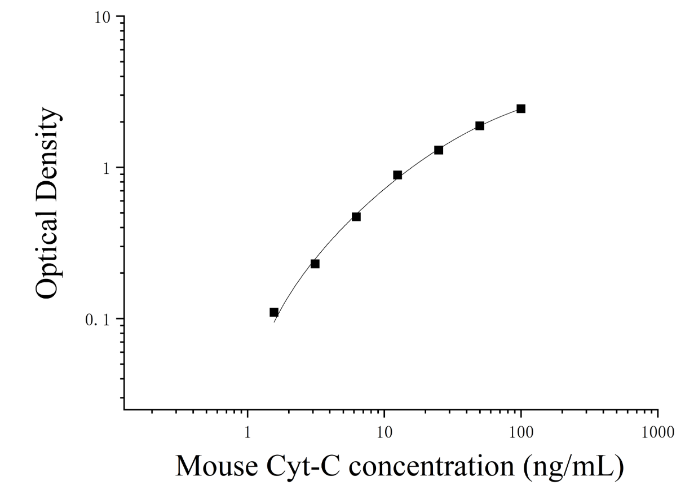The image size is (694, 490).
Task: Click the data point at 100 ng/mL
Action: pos(521,108)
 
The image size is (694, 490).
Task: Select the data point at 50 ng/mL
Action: pos(480,126)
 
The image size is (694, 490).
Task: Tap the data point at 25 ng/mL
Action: pos(439,150)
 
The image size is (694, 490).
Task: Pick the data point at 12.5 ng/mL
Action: pos(397,175)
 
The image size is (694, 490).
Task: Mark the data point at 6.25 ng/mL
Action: pos(356,217)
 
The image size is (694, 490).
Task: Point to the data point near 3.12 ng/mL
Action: pos(315,264)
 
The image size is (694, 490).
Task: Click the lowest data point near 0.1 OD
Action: pos(274,312)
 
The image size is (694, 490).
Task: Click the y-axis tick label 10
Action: pos(102,18)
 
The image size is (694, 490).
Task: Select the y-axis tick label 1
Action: pos(107,169)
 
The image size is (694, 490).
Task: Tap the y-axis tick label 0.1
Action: pos(98,320)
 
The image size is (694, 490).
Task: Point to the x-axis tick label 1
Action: pos(247,432)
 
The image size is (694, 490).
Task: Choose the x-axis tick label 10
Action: pos(384,432)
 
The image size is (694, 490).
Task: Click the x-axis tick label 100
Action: pos(521,432)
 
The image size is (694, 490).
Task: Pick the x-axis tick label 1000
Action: pos(657,432)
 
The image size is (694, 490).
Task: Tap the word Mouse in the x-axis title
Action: pos(216,466)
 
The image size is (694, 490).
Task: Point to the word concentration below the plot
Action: pos(431,467)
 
